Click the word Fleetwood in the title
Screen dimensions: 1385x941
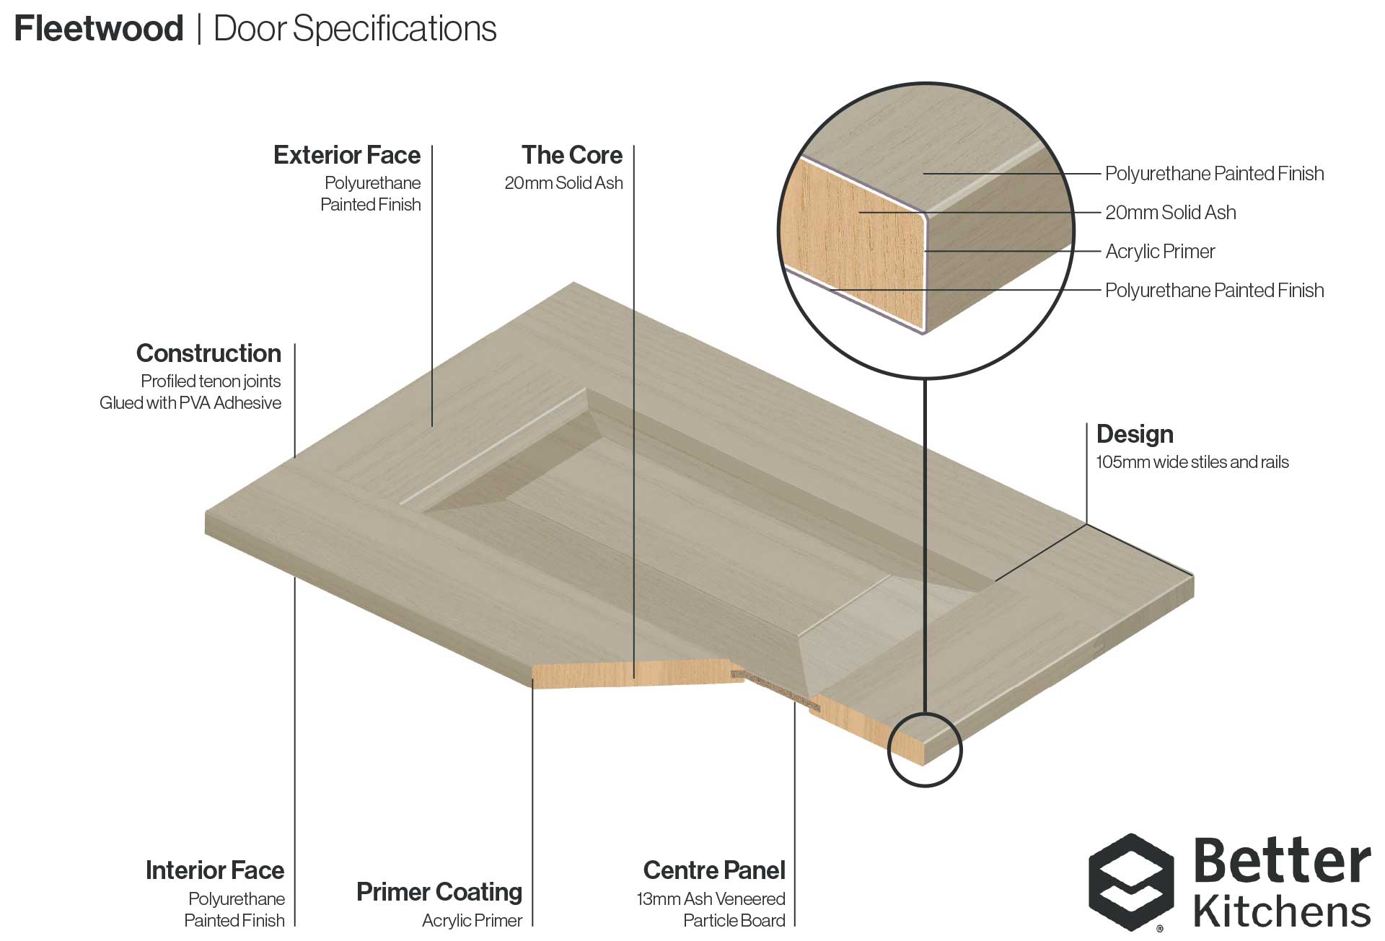[x=99, y=29]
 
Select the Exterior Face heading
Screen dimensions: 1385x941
[x=347, y=155]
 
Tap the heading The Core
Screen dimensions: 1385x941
[x=572, y=155]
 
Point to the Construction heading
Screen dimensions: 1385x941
[x=208, y=353]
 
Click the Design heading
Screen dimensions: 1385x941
[x=1135, y=434]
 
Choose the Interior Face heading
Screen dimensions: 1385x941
[x=215, y=870]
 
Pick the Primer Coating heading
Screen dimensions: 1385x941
[x=439, y=893]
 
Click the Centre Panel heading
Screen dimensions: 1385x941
[x=714, y=870]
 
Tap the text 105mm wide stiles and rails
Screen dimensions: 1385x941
[x=1192, y=462]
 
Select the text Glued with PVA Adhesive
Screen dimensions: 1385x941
[x=190, y=403]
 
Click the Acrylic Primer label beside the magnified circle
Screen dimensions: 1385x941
[x=1160, y=252]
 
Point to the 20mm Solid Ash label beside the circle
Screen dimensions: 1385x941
[x=1171, y=213]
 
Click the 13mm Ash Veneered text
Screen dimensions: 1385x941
[x=711, y=899]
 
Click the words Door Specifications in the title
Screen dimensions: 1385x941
[x=355, y=30]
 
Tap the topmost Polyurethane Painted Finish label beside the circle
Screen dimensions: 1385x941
[x=1215, y=174]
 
